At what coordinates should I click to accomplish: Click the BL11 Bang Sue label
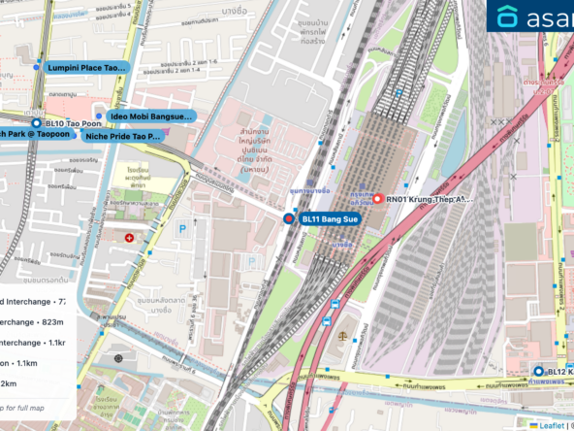(331, 219)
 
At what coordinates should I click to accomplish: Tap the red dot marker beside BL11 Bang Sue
(288, 220)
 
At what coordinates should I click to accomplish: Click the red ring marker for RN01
(377, 198)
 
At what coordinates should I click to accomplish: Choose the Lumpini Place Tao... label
(87, 68)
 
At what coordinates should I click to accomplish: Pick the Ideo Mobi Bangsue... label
(151, 116)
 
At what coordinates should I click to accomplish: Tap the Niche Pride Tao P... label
(122, 137)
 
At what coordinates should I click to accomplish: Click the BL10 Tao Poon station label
(67, 124)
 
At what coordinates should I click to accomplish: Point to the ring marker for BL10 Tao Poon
(36, 124)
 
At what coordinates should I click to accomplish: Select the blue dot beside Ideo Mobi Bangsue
(99, 116)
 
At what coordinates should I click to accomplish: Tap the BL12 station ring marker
(538, 371)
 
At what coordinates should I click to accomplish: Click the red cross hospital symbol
(130, 237)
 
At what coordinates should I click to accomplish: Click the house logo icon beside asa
(507, 16)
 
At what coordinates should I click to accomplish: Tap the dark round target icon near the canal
(119, 358)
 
